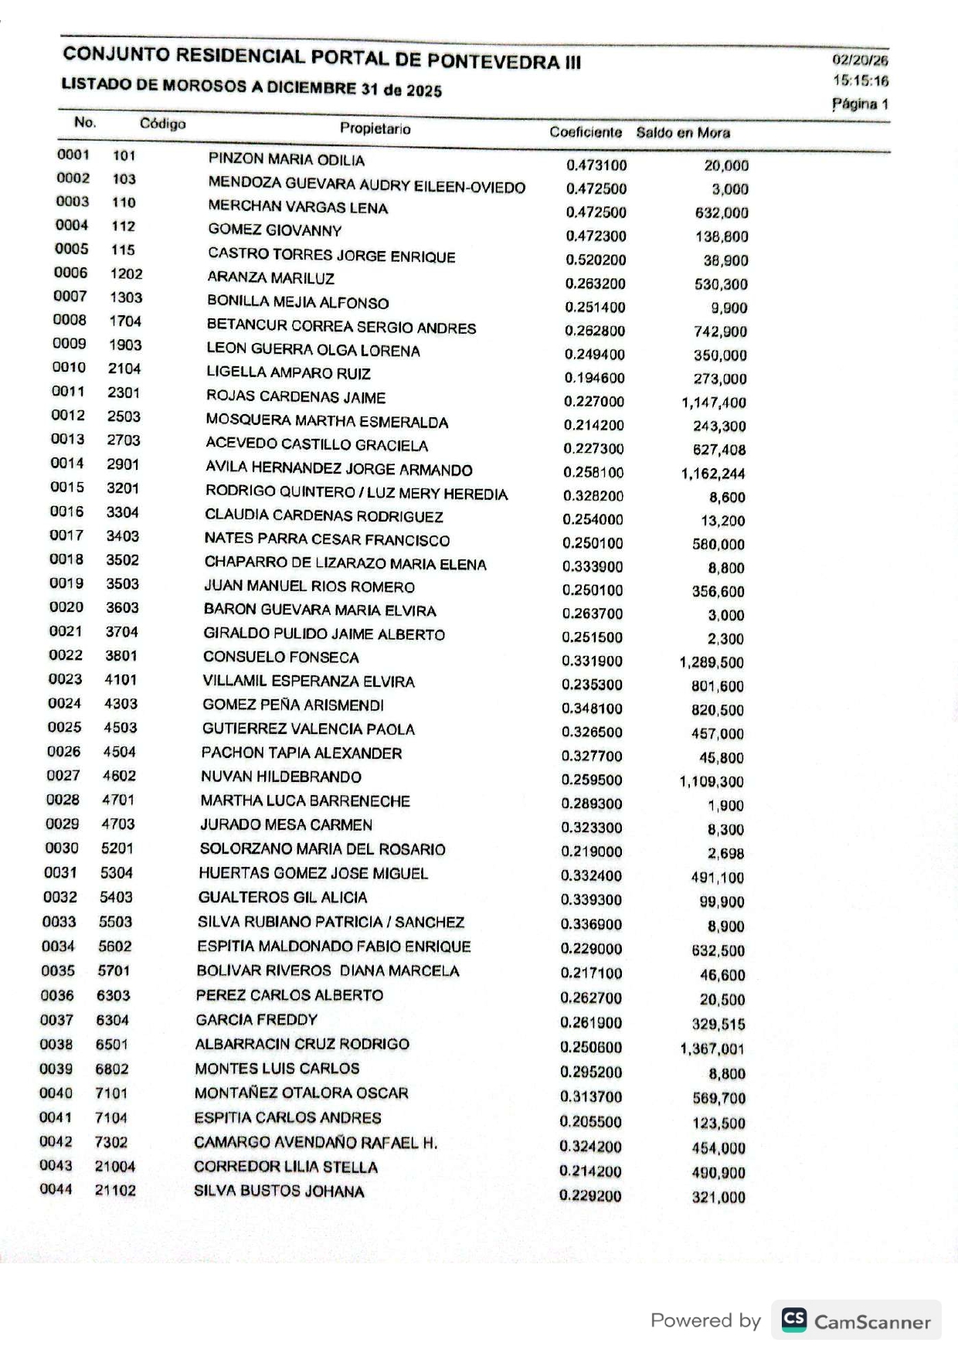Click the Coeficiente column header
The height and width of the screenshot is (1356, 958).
click(586, 132)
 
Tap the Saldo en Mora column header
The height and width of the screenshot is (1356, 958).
click(683, 133)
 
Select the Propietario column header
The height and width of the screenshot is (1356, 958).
click(375, 128)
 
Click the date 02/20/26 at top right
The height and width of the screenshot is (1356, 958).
click(860, 60)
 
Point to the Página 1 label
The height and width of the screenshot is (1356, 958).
click(860, 104)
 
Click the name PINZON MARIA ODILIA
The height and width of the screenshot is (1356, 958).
click(286, 160)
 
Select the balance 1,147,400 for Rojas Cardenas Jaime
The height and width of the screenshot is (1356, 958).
click(714, 403)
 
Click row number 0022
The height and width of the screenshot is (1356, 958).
click(66, 655)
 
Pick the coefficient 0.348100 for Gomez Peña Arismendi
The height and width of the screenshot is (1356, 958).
click(593, 709)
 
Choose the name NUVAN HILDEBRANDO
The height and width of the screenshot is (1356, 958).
click(281, 777)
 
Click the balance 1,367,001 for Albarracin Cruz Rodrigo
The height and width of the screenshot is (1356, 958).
click(712, 1048)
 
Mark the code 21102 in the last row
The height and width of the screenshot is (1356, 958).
click(115, 1191)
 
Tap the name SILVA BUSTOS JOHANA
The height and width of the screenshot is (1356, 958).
click(279, 1191)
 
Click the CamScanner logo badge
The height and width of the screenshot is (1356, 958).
click(856, 1320)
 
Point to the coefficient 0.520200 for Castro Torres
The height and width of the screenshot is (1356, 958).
click(596, 260)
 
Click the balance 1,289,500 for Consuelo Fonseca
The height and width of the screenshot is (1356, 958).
click(712, 662)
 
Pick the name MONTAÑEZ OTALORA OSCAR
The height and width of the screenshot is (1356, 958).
click(301, 1093)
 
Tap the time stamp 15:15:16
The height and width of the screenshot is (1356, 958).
click(861, 81)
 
